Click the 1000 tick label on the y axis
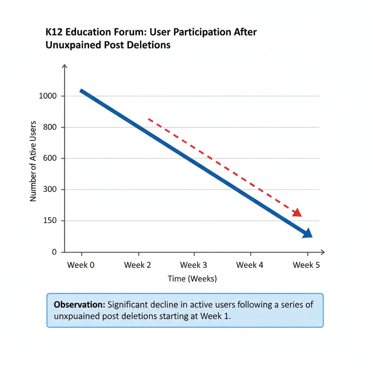click(47, 96)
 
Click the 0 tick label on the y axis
click(54, 252)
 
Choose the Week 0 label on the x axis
click(81, 265)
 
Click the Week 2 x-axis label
click(137, 265)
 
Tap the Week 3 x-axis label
click(193, 265)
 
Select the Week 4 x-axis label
click(250, 265)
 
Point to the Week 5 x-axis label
click(306, 265)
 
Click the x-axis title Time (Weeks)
click(192, 279)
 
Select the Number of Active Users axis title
click(34, 161)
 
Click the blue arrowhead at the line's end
click(308, 233)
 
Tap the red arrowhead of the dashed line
click(298, 213)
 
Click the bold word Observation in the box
click(80, 305)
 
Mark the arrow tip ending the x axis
click(323, 252)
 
